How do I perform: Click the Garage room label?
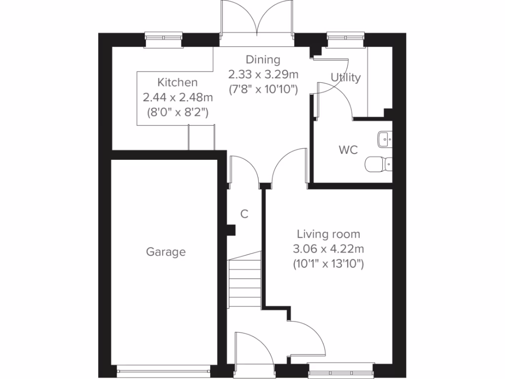(x=166, y=252)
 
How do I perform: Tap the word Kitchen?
(x=177, y=82)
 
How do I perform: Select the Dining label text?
(x=263, y=60)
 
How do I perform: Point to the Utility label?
(x=345, y=77)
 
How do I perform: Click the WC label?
(x=348, y=150)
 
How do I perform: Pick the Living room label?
(x=328, y=234)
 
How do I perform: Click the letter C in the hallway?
(x=244, y=214)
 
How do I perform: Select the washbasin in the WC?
(x=385, y=140)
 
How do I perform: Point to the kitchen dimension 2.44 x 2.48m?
(x=177, y=97)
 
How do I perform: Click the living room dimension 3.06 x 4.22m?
(x=328, y=249)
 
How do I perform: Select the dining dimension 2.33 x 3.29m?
(x=263, y=75)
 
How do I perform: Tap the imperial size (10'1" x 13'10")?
(x=328, y=264)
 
